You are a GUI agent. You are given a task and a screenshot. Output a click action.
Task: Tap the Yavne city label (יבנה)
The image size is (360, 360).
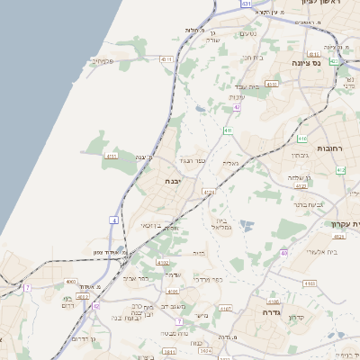click(x=172, y=181)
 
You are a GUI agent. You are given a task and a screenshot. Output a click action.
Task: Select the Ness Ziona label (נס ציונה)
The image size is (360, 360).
click(x=306, y=65)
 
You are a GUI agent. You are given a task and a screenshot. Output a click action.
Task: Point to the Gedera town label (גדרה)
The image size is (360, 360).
click(x=272, y=312)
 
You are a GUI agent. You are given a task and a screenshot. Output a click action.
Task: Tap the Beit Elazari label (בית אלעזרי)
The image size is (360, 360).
click(x=320, y=252)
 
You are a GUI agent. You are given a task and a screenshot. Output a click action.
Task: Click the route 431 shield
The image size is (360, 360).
click(x=245, y=4)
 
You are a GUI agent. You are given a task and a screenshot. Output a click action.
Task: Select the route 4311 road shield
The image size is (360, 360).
click(x=166, y=58)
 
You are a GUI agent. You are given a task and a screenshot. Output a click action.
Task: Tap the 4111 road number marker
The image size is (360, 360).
click(x=112, y=156)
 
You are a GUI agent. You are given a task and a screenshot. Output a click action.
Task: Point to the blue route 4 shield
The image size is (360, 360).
click(x=114, y=220)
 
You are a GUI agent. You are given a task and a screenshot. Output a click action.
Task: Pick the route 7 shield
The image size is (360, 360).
click(x=28, y=287)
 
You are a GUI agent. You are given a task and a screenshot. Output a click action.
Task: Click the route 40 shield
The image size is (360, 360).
click(x=284, y=254)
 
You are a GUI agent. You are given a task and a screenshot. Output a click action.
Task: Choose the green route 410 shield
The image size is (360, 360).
click(x=301, y=139)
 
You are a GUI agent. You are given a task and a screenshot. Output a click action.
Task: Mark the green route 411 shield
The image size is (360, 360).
click(x=229, y=130)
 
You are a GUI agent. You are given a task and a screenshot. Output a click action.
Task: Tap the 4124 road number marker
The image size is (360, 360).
click(x=209, y=192)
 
